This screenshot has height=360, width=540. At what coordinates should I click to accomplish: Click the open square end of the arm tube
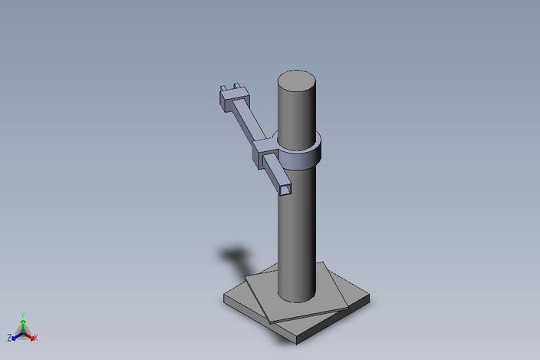tap(284, 187)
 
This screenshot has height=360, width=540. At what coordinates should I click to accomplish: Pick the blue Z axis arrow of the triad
tap(16, 335)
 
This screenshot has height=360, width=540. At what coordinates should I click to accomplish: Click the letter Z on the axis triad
tap(9, 337)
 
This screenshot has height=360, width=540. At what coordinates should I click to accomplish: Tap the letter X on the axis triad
tap(36, 338)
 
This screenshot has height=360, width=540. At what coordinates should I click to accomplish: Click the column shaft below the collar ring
tap(296, 230)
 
